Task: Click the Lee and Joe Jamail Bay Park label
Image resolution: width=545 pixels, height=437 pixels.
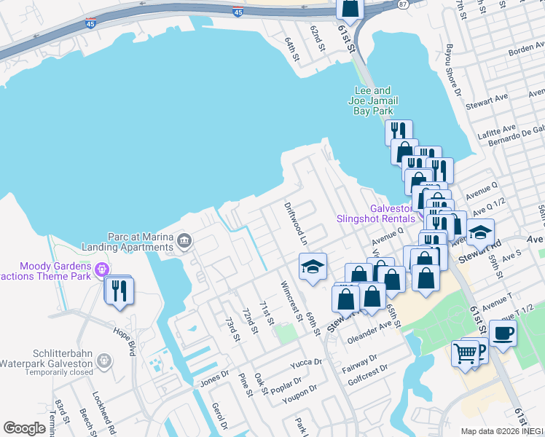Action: (x=373, y=101)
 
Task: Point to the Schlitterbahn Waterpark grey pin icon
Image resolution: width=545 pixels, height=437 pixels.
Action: (x=103, y=360)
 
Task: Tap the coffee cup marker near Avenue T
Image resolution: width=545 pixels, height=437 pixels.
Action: (x=502, y=334)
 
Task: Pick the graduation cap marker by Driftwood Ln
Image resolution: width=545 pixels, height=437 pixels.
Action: (x=313, y=267)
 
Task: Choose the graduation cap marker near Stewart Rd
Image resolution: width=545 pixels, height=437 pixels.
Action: (x=480, y=232)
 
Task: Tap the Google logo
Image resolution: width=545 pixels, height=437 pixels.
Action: (x=25, y=428)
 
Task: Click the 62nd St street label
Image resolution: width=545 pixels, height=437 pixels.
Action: (x=316, y=40)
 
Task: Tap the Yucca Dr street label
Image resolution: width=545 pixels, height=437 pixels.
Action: (x=306, y=362)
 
